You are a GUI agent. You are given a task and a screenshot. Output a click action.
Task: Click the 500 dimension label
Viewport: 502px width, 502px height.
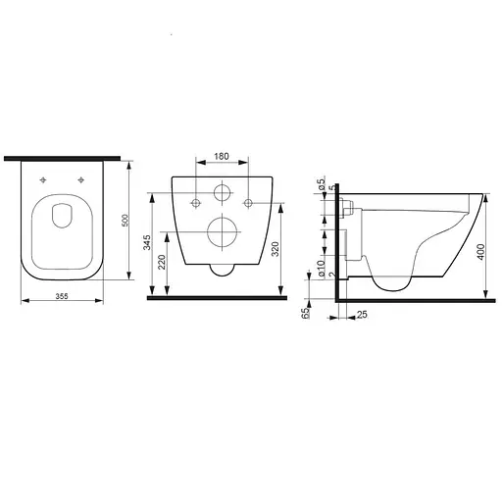[x=125, y=221]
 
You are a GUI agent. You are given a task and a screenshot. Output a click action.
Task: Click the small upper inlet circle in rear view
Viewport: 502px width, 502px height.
[x=222, y=192]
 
